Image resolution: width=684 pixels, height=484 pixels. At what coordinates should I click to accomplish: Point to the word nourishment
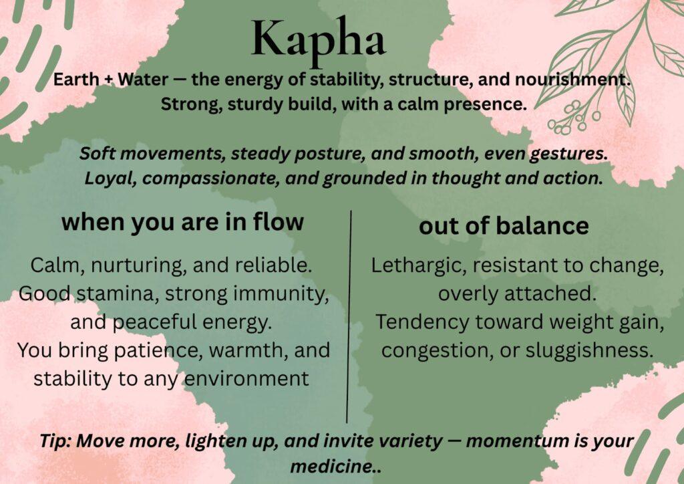click(x=572, y=80)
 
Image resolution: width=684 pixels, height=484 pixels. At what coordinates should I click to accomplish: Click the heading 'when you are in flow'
click(x=182, y=222)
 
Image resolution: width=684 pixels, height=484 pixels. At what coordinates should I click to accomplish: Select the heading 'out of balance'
click(x=504, y=226)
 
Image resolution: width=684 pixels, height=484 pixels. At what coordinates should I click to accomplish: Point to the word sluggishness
click(x=589, y=350)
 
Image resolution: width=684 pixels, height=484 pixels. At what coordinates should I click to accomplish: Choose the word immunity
click(x=281, y=293)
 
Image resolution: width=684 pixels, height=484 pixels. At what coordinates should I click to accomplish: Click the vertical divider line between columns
click(x=349, y=316)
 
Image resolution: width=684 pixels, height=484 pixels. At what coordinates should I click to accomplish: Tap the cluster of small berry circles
click(x=572, y=117)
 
